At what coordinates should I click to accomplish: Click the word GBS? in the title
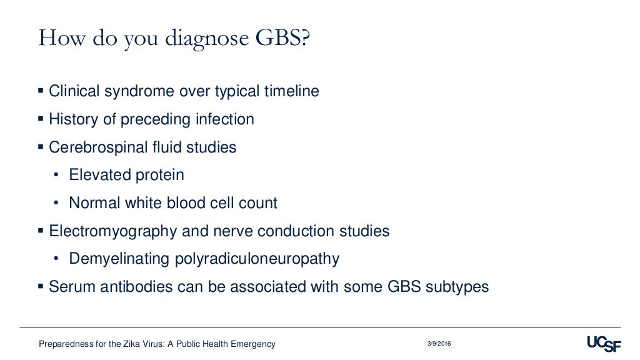click(281, 38)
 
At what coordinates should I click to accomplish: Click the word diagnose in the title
click(205, 39)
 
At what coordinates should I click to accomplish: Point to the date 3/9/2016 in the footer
click(439, 344)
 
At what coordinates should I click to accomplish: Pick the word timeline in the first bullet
click(291, 91)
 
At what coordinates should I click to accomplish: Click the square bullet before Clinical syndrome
click(41, 91)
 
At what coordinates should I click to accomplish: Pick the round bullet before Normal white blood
click(56, 204)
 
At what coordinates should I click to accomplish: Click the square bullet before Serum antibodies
click(41, 287)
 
